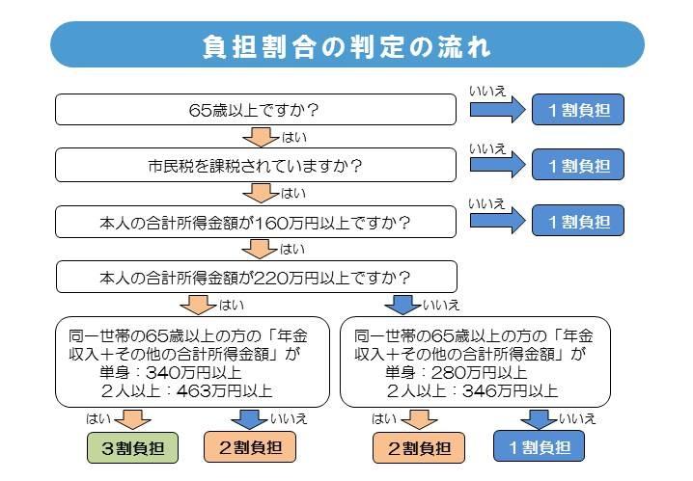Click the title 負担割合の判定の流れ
point(346,46)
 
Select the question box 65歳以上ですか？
point(256,110)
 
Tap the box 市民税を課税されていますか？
point(256,165)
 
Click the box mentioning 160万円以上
point(256,222)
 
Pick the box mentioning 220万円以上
point(257,277)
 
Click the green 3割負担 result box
point(132,448)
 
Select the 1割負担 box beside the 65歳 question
point(578,110)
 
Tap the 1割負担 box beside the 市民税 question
point(578,165)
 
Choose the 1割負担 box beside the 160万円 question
point(578,221)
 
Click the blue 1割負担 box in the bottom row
point(540,446)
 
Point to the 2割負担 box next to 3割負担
point(250,447)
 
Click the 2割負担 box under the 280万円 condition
point(419,448)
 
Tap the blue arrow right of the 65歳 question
point(498,110)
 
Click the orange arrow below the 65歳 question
point(262,137)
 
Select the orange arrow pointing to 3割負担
point(132,419)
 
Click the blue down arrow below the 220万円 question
point(402,305)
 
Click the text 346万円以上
point(510,391)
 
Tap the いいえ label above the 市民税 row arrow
point(487,148)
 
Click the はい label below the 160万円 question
point(292,250)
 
